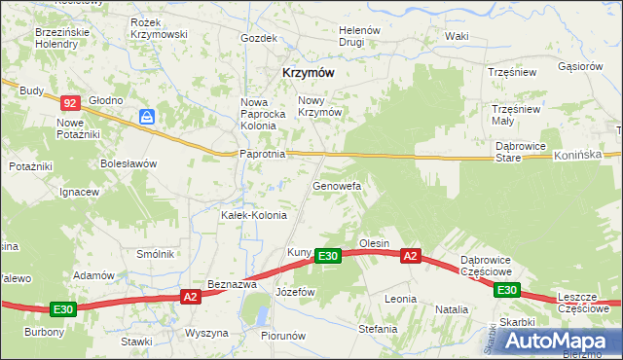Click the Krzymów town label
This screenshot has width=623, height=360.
[x=309, y=72]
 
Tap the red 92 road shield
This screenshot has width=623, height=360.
[x=69, y=102]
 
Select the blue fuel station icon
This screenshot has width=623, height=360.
[x=147, y=117]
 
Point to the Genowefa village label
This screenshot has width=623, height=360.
[x=337, y=185]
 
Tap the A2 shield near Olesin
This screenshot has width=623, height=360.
[x=410, y=256]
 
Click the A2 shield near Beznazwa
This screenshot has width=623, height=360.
[x=191, y=297]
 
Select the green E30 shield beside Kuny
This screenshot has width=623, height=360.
[x=327, y=256]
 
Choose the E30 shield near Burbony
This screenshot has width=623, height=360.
[x=63, y=309]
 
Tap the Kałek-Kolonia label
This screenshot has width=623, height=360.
[x=253, y=215]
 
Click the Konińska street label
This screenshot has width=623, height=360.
[x=586, y=155]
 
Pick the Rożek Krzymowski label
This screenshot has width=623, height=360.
[x=158, y=27]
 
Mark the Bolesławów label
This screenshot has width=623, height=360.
[x=128, y=163]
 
